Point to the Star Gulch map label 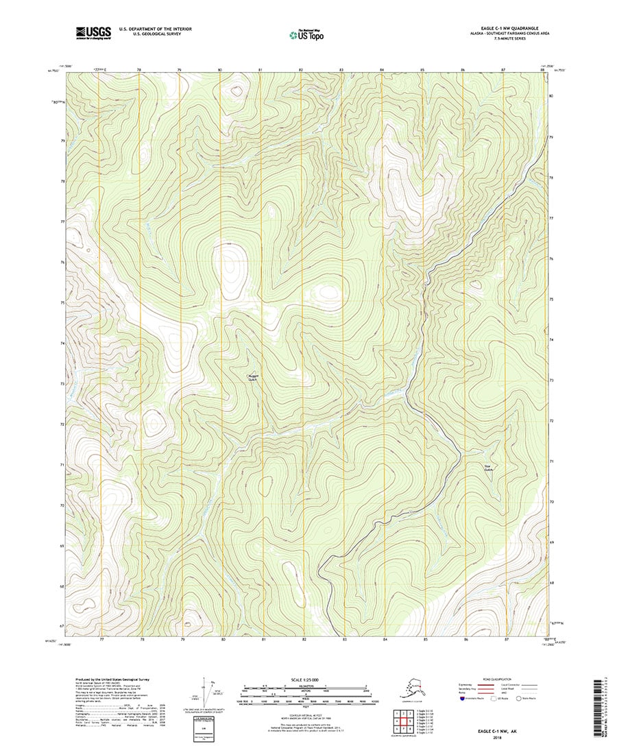tap(489, 468)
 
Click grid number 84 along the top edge tap(382, 70)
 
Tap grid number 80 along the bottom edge tap(223, 638)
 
